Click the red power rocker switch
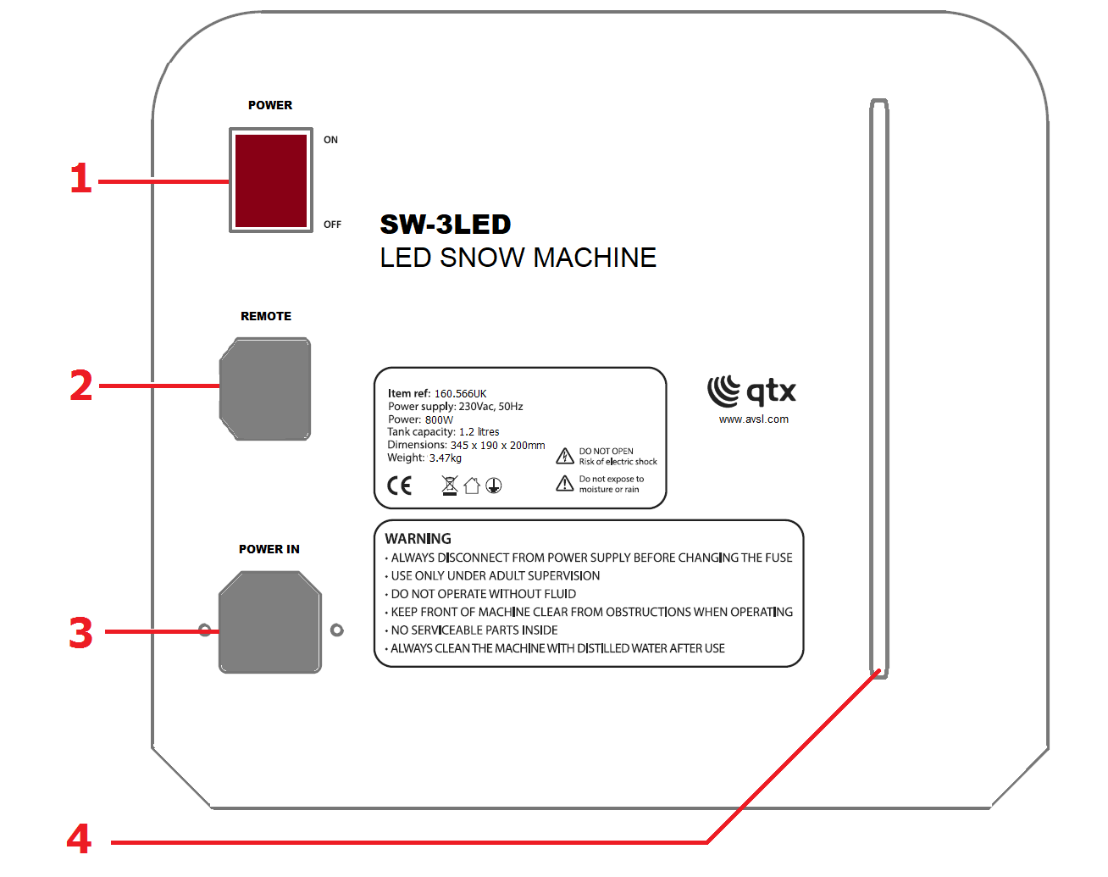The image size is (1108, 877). [271, 180]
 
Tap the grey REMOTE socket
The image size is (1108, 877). [265, 389]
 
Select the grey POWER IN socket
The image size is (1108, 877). [269, 622]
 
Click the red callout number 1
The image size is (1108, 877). [80, 178]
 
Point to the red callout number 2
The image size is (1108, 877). [80, 386]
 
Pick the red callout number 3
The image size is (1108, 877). [80, 632]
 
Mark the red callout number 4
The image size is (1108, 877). [80, 839]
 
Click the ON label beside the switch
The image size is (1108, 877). [330, 140]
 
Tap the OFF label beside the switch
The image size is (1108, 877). [332, 225]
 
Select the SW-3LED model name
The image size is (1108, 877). [446, 225]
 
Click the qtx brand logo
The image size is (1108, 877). [751, 391]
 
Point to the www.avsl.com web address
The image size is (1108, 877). [753, 419]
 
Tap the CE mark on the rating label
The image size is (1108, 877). [399, 486]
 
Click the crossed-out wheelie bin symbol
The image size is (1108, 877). [450, 486]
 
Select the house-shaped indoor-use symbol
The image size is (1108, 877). [472, 486]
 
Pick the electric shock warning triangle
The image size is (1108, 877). [565, 456]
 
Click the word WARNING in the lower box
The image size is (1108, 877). [418, 539]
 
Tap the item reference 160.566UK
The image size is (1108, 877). [460, 394]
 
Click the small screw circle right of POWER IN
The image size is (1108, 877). [337, 630]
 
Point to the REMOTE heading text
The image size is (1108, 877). [266, 316]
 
